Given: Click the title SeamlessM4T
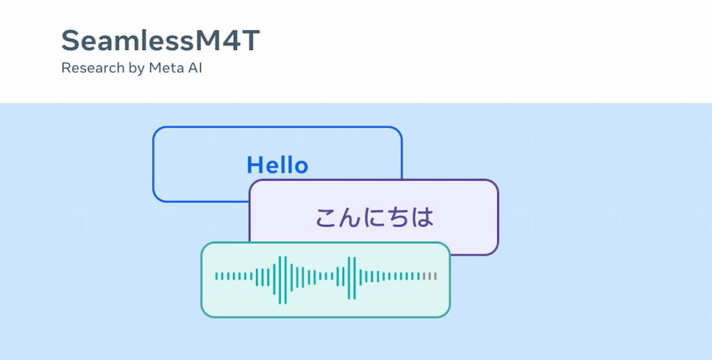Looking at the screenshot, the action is click(161, 40).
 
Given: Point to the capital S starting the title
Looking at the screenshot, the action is click(71, 40).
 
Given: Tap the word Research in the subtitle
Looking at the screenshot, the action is click(93, 68).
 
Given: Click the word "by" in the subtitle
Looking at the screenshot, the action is click(136, 69).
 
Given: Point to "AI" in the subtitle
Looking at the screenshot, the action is click(195, 68).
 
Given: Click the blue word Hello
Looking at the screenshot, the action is click(277, 165).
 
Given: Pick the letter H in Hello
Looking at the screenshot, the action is click(254, 165).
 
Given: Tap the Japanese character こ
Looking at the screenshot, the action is click(327, 218).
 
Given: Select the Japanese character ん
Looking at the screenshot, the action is click(350, 218).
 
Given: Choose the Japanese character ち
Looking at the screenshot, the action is click(398, 218).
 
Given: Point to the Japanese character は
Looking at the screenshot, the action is click(422, 218).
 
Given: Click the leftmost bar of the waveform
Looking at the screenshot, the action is click(217, 276).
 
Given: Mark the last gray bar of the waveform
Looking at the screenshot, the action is click(435, 276).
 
